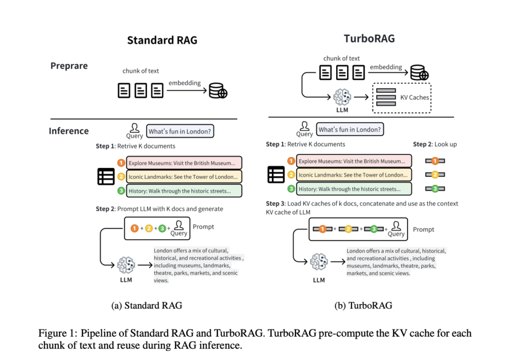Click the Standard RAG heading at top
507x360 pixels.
(162, 40)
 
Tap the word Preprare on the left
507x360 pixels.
(69, 66)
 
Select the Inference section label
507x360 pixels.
(68, 131)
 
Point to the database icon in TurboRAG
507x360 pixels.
(419, 73)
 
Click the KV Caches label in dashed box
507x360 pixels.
(414, 97)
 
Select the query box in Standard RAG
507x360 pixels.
(181, 131)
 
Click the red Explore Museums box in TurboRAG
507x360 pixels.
(354, 161)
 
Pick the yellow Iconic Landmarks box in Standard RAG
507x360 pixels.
(184, 176)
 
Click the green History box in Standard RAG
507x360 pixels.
(184, 191)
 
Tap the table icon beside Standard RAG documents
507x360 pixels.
(106, 176)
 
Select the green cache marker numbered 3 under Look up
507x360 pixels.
(435, 189)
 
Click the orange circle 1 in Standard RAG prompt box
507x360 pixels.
(134, 228)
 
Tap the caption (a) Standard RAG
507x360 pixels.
(147, 305)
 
